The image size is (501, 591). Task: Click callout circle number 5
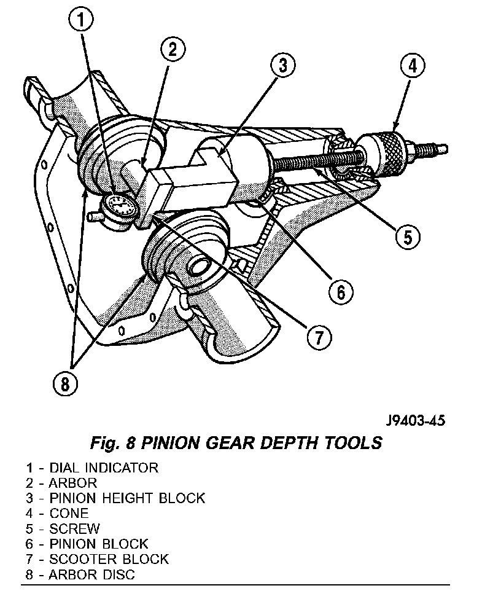point(408,235)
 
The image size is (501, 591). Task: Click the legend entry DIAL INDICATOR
point(103,468)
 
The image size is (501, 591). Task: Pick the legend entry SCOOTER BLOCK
point(108,558)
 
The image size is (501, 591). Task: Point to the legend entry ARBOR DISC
point(91,574)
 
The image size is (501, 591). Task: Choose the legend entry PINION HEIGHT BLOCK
point(126,498)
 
